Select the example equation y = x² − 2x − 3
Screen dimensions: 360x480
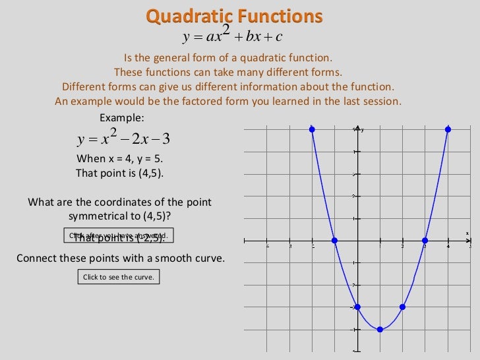click(x=124, y=138)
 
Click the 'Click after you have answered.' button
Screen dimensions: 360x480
click(x=119, y=235)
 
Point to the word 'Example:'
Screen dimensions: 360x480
click(x=121, y=117)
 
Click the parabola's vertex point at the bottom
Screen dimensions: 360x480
click(x=380, y=329)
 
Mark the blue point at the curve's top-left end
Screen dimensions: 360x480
click(x=312, y=129)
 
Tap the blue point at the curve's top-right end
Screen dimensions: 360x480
click(x=448, y=129)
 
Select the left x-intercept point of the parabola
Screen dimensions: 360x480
click(x=334, y=240)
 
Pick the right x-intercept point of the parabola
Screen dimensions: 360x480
click(x=425, y=240)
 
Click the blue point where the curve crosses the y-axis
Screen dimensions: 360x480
click(x=357, y=307)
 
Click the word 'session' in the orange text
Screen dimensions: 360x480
click(x=381, y=102)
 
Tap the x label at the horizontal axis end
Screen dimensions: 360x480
click(x=467, y=233)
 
